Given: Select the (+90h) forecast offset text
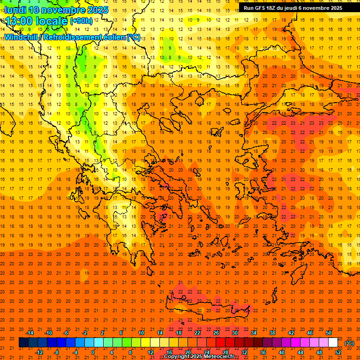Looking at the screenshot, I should pyautogui.click(x=81, y=21).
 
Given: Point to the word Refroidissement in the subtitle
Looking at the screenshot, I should pyautogui.click(x=74, y=37).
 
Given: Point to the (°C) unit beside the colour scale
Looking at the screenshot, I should pyautogui.click(x=349, y=343).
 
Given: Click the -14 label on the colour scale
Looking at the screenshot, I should pyautogui.click(x=30, y=333).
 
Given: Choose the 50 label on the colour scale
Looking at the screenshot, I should pyautogui.click(x=329, y=333).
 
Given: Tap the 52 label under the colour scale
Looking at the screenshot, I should pyautogui.click(x=337, y=352).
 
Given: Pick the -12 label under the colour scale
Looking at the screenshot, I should pyautogui.click(x=39, y=352).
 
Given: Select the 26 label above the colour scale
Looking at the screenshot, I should pyautogui.click(x=216, y=333).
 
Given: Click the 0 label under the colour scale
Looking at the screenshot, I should pyautogui.click(x=93, y=352).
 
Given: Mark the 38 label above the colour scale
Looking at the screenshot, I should pyautogui.click(x=272, y=333).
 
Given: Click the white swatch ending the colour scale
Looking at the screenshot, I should pyautogui.click(x=333, y=342).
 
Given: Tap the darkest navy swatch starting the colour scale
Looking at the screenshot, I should pyautogui.click(x=23, y=342).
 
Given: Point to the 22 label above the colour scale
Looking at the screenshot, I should pyautogui.click(x=197, y=333).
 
